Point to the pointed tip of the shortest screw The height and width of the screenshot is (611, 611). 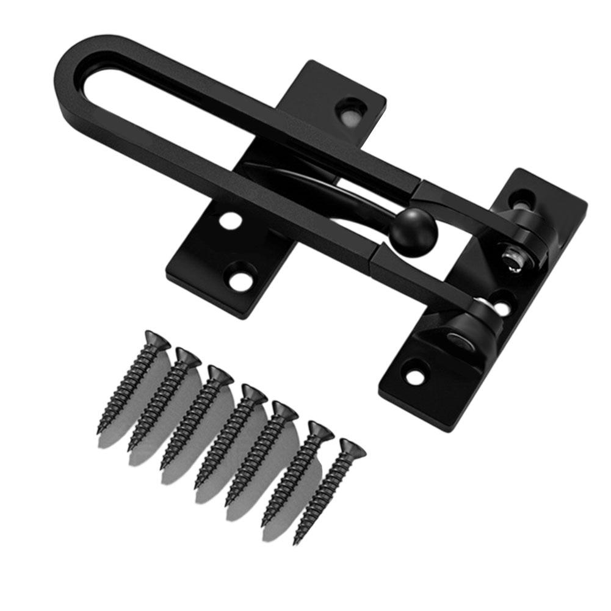pos(297,541)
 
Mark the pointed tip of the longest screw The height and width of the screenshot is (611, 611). pos(99,432)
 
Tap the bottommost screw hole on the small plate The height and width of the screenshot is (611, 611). pos(240,280)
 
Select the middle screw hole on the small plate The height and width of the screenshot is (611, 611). pos(230,220)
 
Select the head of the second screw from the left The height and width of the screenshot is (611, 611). pos(187,356)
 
